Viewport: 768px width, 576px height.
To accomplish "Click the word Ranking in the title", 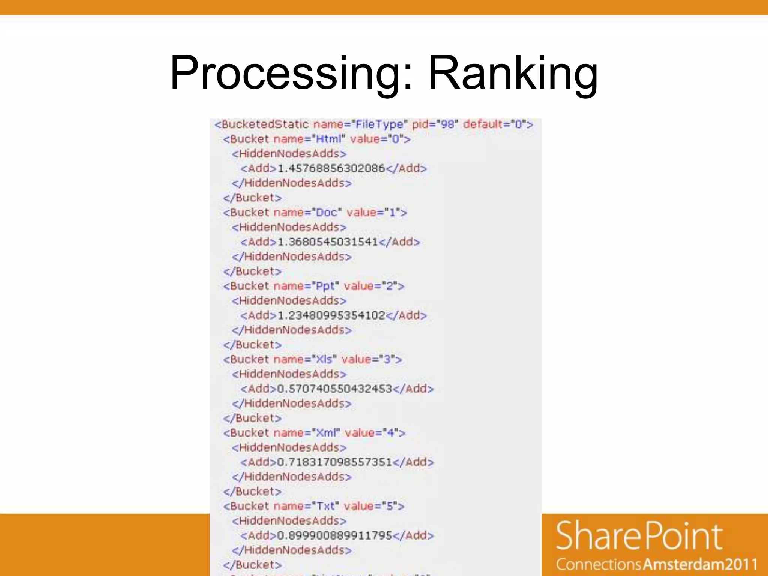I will tap(513, 73).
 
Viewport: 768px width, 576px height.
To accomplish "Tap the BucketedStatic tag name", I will tap(265, 124).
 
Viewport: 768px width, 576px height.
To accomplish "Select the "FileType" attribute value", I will tap(379, 124).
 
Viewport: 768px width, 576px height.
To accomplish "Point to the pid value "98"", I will tap(447, 124).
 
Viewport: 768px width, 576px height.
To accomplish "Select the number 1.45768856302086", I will tap(331, 168).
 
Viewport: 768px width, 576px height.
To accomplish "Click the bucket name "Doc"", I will tap(326, 213).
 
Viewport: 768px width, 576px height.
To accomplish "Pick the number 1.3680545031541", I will tap(328, 242).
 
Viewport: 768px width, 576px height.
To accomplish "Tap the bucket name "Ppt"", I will tap(325, 286).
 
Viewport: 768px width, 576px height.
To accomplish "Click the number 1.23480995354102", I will tap(331, 315).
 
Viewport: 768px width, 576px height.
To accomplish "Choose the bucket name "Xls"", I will tap(324, 360).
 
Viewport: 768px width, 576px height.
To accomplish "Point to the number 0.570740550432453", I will tap(334, 389).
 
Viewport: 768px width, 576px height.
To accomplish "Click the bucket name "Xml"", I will tap(326, 433).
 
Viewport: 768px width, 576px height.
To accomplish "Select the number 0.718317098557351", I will tap(334, 462).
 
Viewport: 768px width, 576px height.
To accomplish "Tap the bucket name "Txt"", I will tap(325, 507).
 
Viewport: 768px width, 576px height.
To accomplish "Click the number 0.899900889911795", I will tap(334, 535).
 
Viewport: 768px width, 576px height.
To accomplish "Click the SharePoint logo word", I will tap(639, 536).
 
